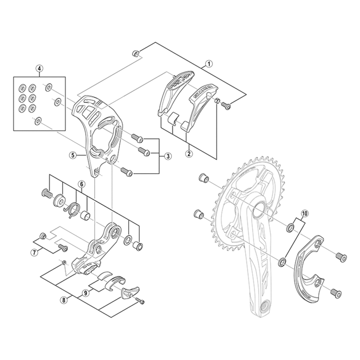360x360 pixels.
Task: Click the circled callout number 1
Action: pyautogui.click(x=209, y=64)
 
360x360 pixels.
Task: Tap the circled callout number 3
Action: pyautogui.click(x=167, y=156)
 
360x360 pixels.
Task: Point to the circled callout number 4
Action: pyautogui.click(x=40, y=69)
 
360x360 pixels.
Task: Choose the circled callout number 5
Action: pyautogui.click(x=72, y=155)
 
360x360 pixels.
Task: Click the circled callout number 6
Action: pyautogui.click(x=81, y=184)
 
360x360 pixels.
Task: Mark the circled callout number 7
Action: pyautogui.click(x=34, y=252)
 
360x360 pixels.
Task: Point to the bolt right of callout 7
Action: pyautogui.click(x=61, y=247)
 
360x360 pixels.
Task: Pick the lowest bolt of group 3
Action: pyautogui.click(x=126, y=171)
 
